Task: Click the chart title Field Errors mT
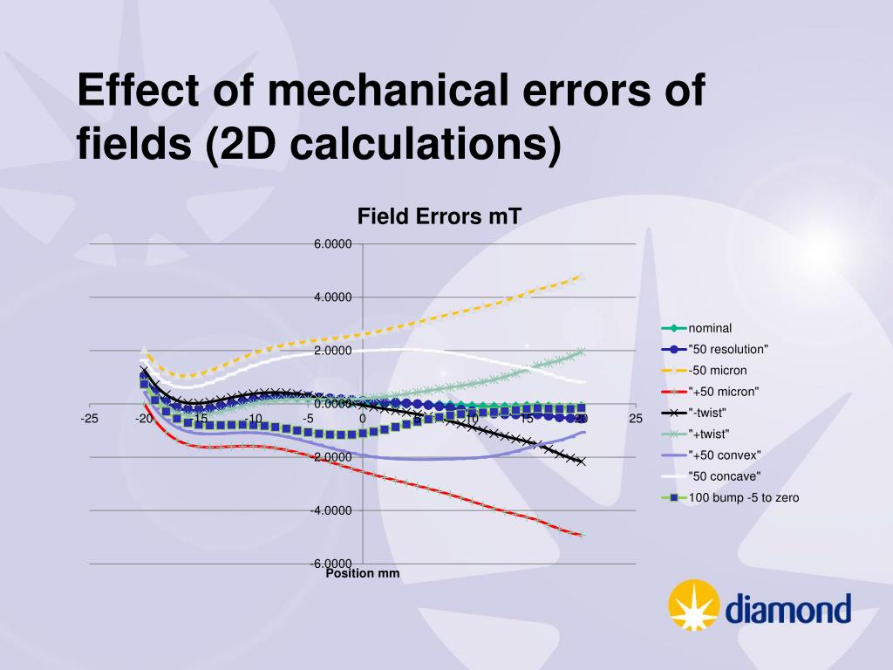(439, 215)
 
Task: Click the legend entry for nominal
(712, 329)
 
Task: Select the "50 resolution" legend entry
(728, 350)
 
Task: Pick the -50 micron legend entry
(717, 371)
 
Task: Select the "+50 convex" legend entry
(725, 455)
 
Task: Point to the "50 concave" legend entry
(725, 476)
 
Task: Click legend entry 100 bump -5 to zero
(743, 497)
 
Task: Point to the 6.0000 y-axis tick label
(332, 244)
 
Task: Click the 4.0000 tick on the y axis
(332, 297)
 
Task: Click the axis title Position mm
(362, 573)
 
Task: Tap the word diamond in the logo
(787, 609)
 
